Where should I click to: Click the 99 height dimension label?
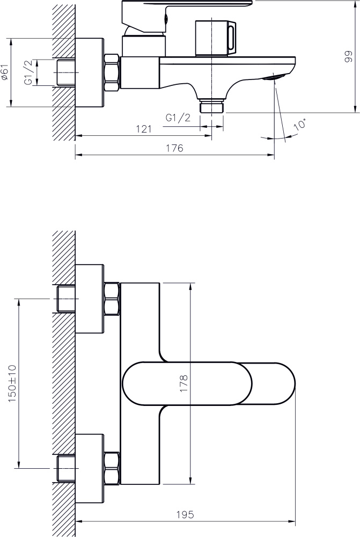click(x=348, y=56)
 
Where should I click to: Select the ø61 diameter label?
click(x=4, y=72)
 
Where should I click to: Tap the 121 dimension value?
click(x=144, y=129)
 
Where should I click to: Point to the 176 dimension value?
click(x=174, y=148)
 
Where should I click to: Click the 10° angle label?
click(x=300, y=124)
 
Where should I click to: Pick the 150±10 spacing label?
click(x=12, y=383)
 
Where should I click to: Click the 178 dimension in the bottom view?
click(x=184, y=383)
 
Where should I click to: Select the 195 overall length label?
click(x=185, y=514)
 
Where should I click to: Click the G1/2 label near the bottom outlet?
click(x=178, y=118)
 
